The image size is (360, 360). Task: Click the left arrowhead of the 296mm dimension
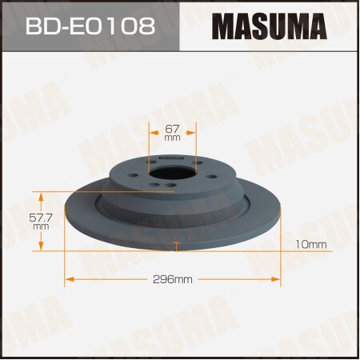69,279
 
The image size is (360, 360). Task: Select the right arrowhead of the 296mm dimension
276,279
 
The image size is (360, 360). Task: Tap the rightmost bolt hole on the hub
198,175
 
